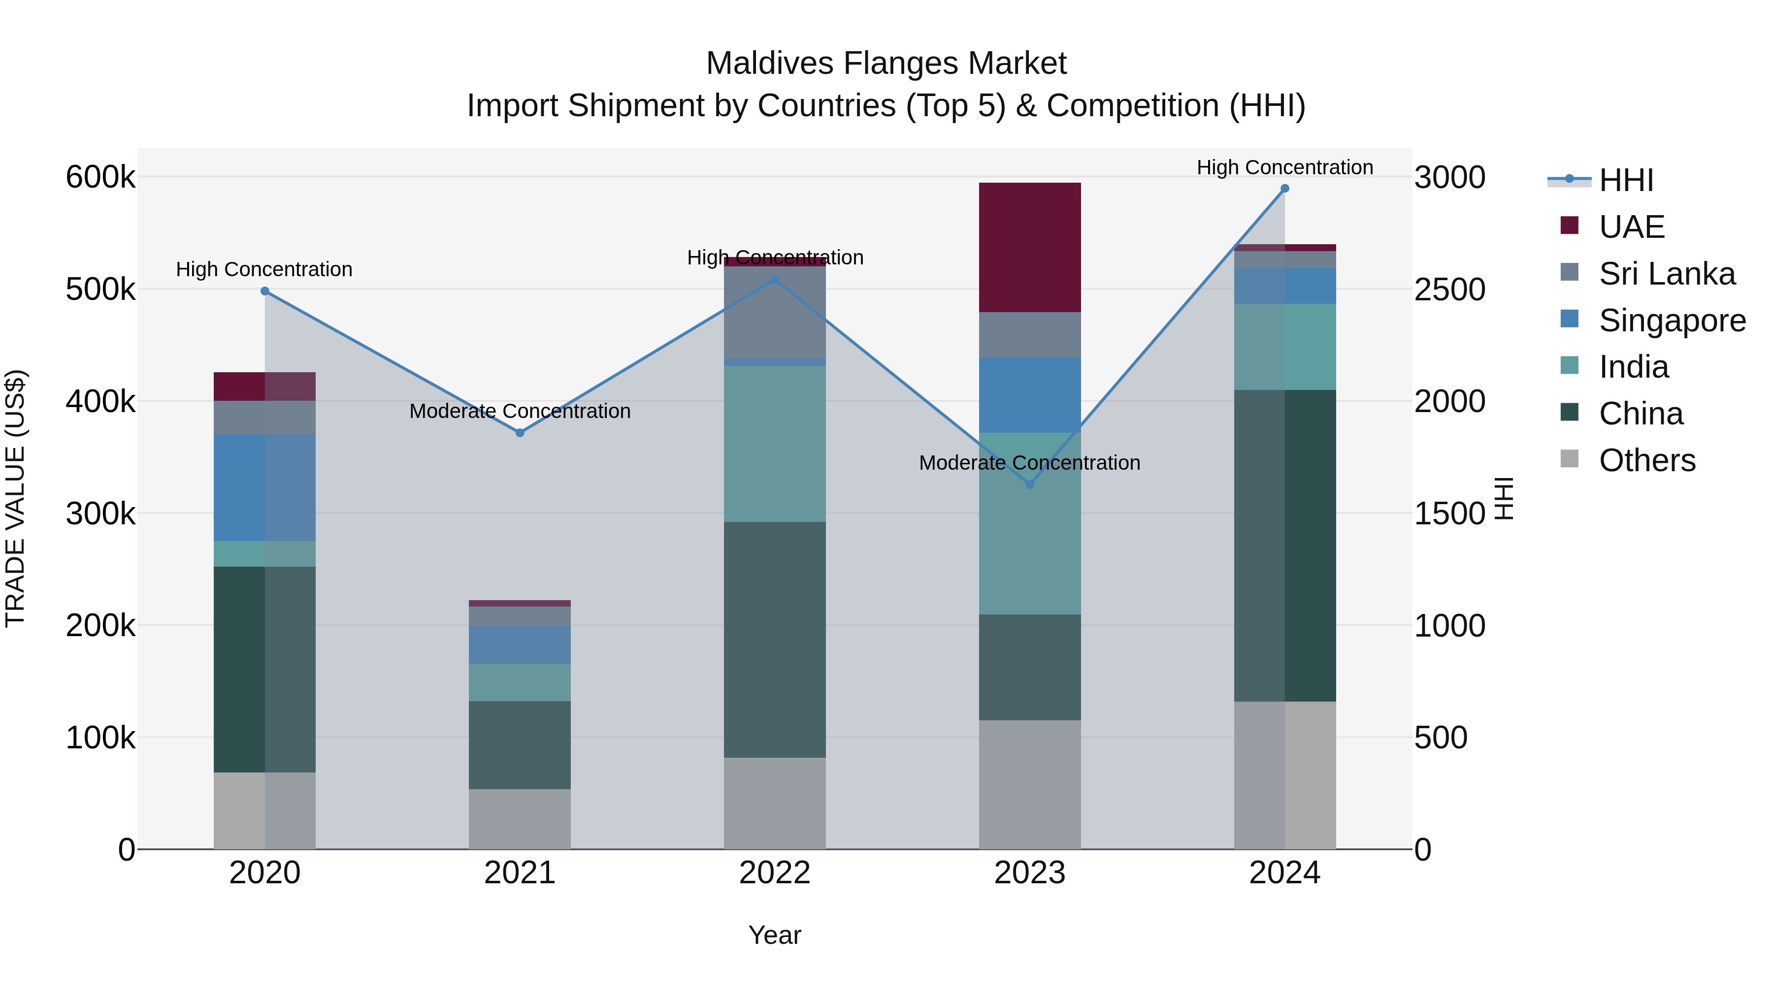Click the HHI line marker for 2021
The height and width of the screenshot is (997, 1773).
[520, 433]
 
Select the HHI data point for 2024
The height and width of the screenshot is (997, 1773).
[1284, 189]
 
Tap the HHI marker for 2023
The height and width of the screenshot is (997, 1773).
[1030, 484]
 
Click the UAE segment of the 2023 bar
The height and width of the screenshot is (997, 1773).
[1030, 248]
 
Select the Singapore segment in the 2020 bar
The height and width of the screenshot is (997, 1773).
[264, 488]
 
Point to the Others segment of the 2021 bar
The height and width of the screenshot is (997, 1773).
[520, 819]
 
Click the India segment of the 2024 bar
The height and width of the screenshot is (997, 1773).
[1284, 347]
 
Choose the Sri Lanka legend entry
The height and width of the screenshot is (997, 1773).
[1666, 274]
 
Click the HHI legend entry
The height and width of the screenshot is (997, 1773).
[1624, 180]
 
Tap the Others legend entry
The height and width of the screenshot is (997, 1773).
[1646, 460]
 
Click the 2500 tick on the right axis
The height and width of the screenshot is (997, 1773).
[1449, 289]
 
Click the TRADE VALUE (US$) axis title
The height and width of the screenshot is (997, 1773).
[15, 499]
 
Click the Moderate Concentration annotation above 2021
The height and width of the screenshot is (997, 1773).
[520, 411]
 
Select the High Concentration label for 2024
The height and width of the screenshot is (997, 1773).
[1284, 167]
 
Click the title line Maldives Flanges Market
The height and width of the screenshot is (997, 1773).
[886, 64]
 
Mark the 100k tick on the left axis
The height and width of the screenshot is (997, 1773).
[100, 738]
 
